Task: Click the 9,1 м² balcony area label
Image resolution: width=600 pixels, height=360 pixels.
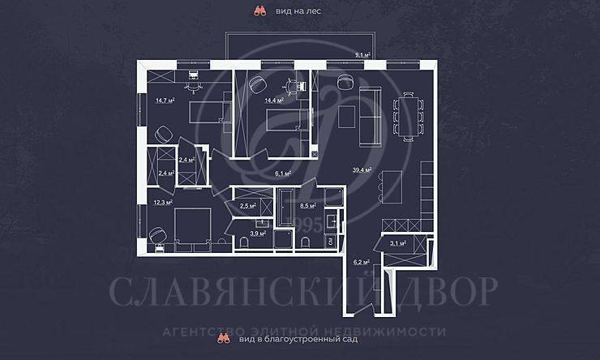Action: (x=362, y=55)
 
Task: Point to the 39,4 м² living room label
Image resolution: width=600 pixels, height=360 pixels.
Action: (x=362, y=170)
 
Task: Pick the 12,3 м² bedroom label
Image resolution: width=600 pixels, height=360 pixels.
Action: (x=162, y=202)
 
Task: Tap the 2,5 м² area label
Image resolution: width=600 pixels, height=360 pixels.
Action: (x=248, y=207)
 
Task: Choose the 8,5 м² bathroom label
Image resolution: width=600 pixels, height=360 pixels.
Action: (x=307, y=206)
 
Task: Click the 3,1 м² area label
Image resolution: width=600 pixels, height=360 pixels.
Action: (x=396, y=242)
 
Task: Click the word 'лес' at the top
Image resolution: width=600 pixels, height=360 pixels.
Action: (x=311, y=11)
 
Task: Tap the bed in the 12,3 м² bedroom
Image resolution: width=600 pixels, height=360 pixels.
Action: (x=187, y=225)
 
